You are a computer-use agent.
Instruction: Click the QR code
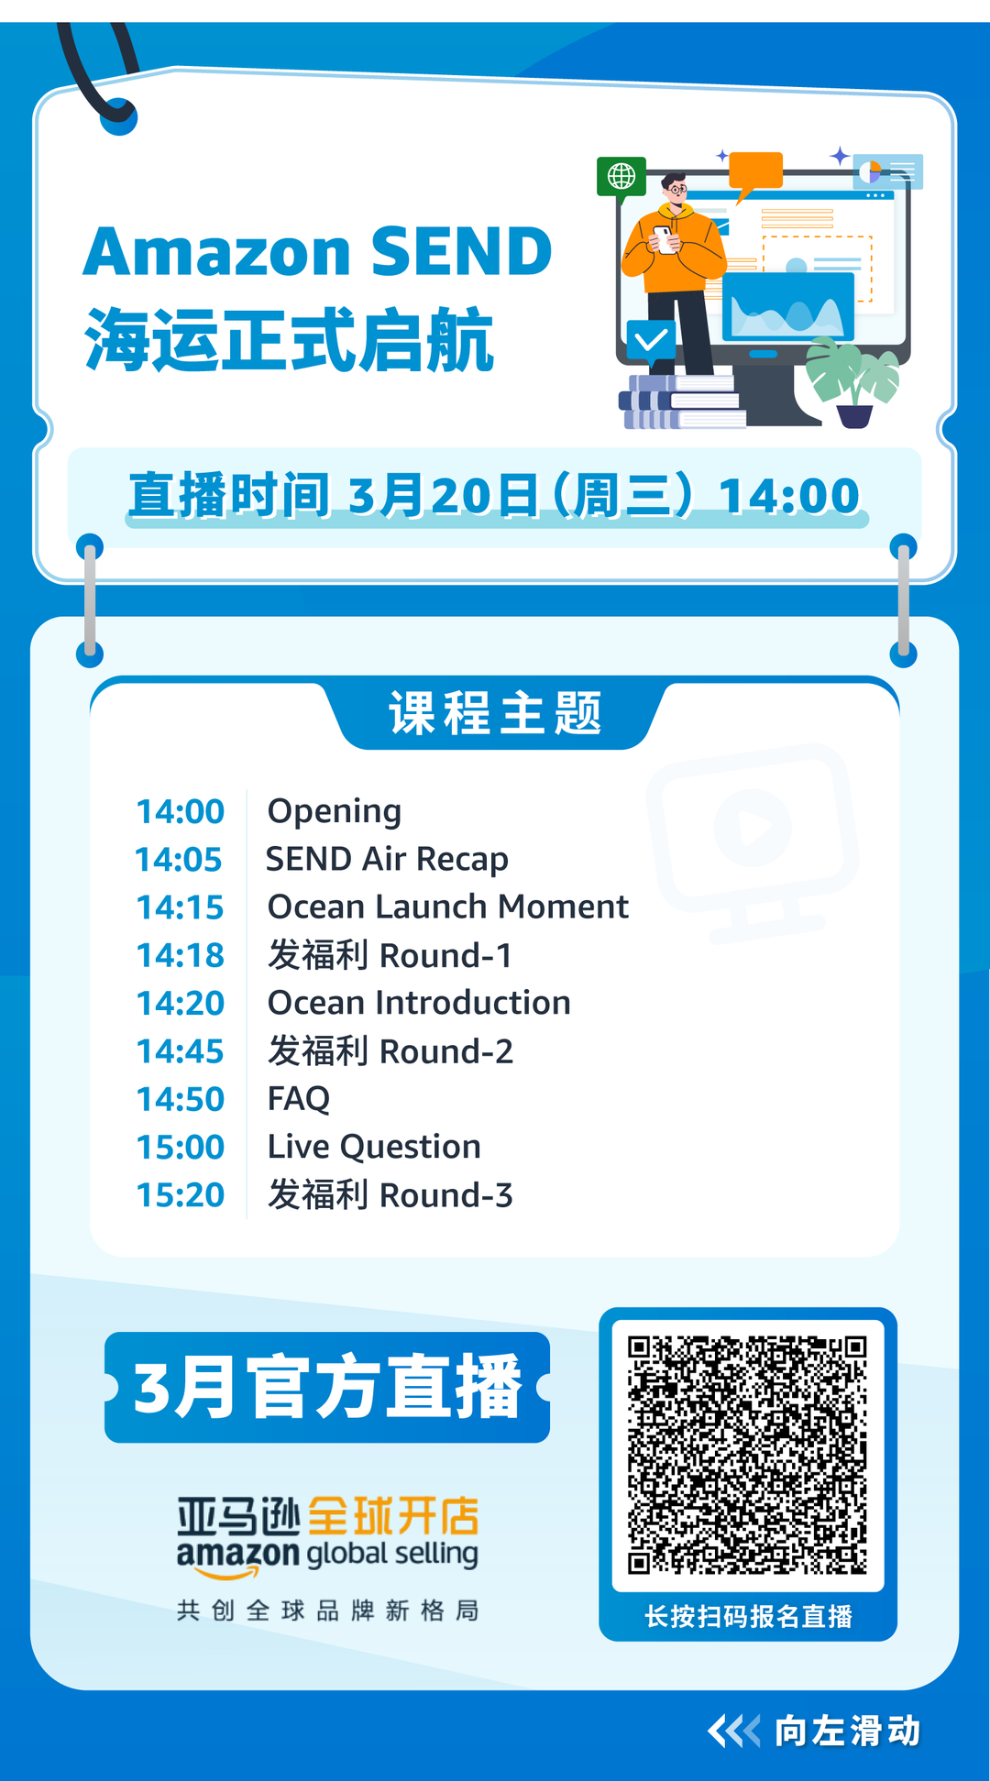[747, 1455]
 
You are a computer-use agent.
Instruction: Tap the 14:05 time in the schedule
[179, 860]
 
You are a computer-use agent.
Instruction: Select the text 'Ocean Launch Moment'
[447, 907]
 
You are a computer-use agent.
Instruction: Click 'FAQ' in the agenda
[298, 1099]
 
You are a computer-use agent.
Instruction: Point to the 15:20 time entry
[180, 1195]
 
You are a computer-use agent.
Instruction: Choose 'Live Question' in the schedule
[374, 1147]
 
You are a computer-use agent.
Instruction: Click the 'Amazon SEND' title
[317, 251]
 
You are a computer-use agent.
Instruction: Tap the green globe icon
[621, 175]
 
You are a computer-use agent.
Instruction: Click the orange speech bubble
[756, 171]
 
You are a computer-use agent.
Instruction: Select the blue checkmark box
[651, 340]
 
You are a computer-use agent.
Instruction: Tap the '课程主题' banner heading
[495, 714]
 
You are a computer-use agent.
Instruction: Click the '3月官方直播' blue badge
[327, 1387]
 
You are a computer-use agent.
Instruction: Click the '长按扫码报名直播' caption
[748, 1617]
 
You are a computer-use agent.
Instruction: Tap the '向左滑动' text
[847, 1732]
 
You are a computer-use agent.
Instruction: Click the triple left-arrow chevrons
[733, 1732]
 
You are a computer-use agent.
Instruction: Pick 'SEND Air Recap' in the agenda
[387, 860]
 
